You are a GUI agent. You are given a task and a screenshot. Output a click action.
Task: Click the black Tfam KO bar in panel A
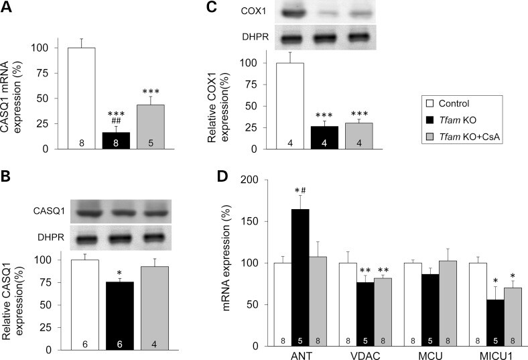[116, 140]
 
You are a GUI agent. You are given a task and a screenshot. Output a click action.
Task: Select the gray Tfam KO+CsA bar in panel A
[151, 127]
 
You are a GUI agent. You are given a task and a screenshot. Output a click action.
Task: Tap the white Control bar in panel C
[290, 106]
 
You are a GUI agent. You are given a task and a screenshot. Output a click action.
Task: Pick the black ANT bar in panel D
[300, 278]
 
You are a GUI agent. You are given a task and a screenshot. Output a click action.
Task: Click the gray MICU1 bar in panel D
[513, 317]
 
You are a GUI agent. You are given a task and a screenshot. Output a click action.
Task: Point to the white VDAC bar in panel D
[348, 304]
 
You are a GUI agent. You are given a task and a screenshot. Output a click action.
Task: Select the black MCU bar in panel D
[430, 310]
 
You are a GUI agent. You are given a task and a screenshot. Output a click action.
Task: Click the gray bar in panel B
[155, 308]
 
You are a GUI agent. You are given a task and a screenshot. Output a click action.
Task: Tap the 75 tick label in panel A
[42, 74]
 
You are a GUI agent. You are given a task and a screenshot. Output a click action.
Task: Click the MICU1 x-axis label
[496, 355]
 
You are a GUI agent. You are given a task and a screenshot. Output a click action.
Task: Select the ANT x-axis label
[301, 355]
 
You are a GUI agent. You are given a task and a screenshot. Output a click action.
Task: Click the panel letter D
[222, 177]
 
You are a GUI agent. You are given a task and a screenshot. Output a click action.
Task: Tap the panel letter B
[6, 177]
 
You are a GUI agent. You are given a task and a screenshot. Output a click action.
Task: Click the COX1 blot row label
[253, 11]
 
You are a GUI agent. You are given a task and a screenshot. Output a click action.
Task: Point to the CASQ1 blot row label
[49, 211]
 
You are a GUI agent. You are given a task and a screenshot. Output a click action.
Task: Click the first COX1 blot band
[293, 13]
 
